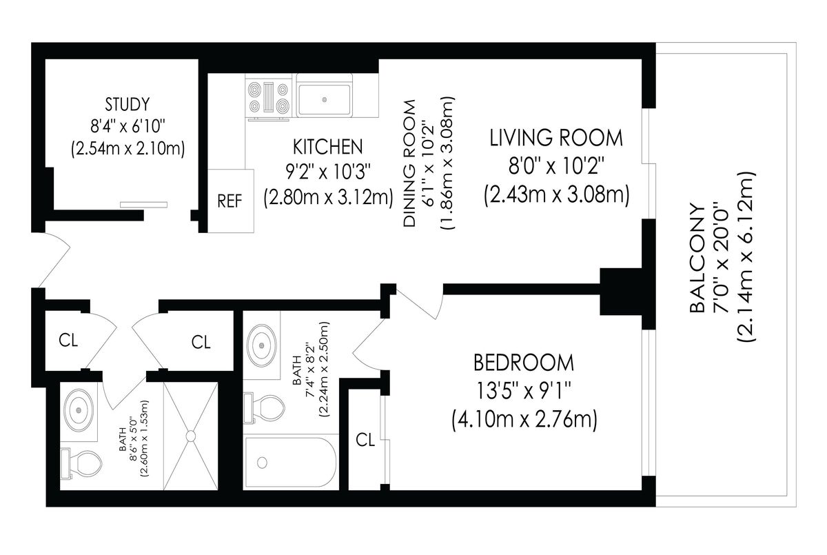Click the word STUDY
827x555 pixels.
tap(127, 105)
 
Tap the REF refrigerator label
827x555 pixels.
tap(229, 201)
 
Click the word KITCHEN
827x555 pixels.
tap(328, 147)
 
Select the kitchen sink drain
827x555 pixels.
tap(325, 100)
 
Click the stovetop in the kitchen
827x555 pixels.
tap(269, 97)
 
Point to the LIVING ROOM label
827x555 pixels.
tap(556, 138)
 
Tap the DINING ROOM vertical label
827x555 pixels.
tap(410, 163)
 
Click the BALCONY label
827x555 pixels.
tap(697, 259)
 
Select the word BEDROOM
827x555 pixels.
tap(524, 363)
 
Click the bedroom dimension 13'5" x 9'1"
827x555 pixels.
tap(524, 391)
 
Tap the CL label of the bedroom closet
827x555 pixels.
tap(365, 440)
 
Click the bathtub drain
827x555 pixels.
tap(262, 463)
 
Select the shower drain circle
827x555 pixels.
tap(190, 436)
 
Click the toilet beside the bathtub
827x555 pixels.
tap(264, 408)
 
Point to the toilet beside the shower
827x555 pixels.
tap(81, 463)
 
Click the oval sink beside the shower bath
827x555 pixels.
tap(79, 410)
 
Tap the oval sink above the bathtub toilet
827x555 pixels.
tap(262, 345)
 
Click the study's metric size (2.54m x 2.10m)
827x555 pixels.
tap(127, 149)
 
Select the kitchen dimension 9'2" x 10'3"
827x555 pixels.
tap(328, 172)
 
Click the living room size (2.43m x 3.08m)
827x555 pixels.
tap(557, 195)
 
